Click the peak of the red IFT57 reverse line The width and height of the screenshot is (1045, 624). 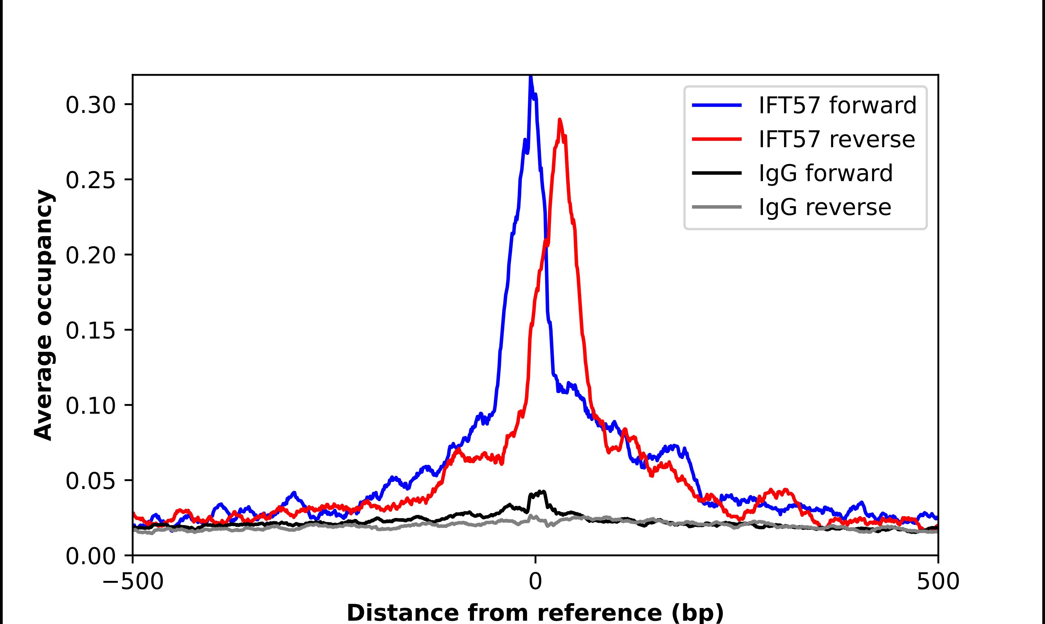coord(559,120)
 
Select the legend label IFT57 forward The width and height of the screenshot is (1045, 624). coord(837,105)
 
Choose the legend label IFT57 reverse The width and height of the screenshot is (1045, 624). coord(836,139)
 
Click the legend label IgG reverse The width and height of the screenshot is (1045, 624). coord(824,207)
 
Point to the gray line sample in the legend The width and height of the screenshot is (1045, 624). coord(717,207)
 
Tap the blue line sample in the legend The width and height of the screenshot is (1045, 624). coord(717,105)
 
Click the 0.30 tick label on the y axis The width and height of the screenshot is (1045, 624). coord(90,105)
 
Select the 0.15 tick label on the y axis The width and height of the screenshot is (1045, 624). coord(90,330)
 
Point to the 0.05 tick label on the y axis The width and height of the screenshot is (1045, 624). coord(90,481)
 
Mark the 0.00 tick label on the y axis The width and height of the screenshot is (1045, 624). coord(90,556)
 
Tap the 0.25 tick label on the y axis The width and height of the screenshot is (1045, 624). coord(90,180)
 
